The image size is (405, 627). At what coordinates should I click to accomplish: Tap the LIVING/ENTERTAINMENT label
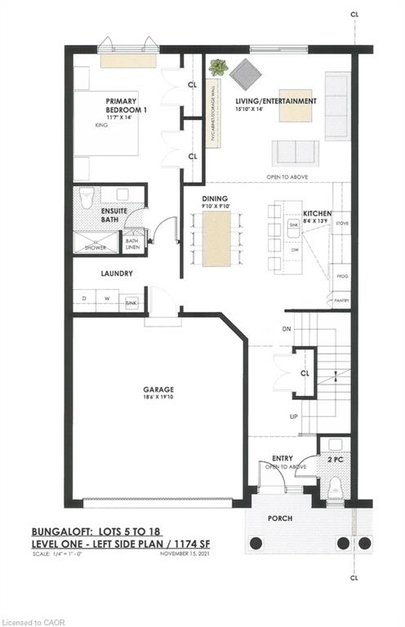tap(275, 101)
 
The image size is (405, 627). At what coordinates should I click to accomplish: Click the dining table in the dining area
tap(217, 238)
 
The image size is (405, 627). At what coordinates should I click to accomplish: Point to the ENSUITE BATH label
tap(115, 216)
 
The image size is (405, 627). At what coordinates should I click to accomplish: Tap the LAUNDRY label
tap(117, 274)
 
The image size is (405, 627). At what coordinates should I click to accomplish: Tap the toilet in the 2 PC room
tap(333, 488)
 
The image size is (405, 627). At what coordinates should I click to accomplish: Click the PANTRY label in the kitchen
tap(341, 301)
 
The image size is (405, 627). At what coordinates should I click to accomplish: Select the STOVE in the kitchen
tap(341, 222)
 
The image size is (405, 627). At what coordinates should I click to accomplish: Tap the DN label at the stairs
tap(285, 329)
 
